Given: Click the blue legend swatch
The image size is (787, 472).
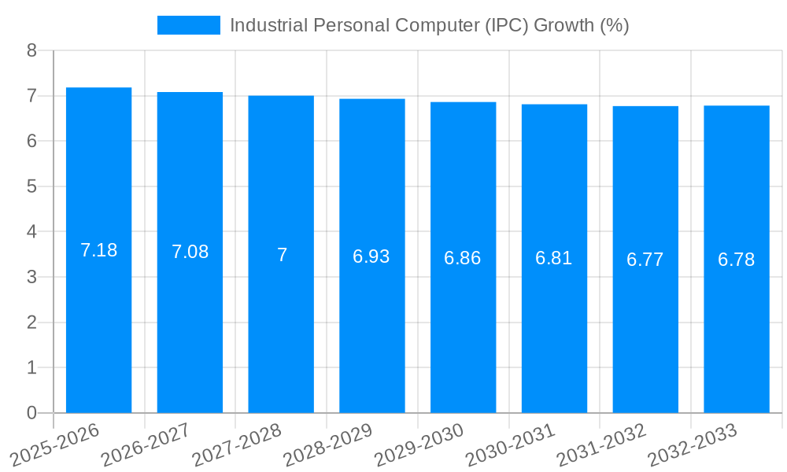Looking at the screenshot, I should [189, 25].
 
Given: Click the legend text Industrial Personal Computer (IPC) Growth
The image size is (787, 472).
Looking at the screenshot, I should [429, 25].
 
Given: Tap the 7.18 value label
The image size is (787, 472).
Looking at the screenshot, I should [99, 250].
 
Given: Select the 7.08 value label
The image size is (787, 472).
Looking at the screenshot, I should [190, 252].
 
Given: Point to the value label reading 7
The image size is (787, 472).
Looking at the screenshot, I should [282, 254].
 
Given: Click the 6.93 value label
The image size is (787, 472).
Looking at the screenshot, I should [371, 256].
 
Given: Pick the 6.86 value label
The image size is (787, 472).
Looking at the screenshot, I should [463, 258].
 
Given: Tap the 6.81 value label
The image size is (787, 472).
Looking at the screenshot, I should [554, 258].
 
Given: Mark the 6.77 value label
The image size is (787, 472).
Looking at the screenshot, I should [645, 260].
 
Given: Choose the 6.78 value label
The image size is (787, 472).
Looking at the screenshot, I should [737, 260].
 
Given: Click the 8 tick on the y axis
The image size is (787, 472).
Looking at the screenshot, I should [32, 50].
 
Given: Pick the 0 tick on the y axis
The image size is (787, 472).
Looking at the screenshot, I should [32, 413].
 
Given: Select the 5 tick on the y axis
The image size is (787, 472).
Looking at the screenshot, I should [32, 186].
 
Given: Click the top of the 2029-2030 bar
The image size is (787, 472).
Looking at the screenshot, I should [464, 103].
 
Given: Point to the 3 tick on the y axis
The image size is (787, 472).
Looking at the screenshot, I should [32, 277].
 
